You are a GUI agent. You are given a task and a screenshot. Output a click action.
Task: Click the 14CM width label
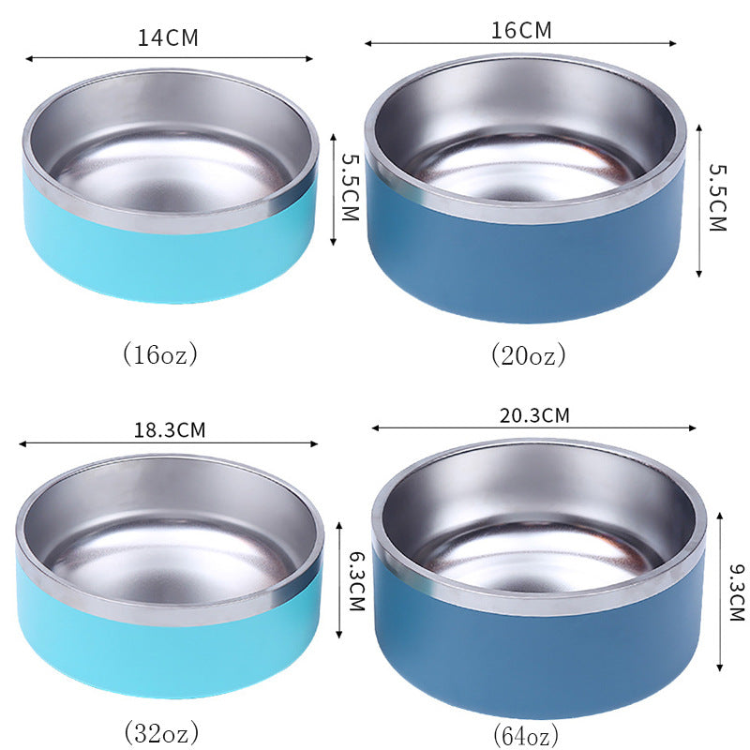(169, 38)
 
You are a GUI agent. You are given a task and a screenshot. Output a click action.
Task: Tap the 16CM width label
(521, 29)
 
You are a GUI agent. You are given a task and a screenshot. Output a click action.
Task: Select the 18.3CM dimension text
(170, 430)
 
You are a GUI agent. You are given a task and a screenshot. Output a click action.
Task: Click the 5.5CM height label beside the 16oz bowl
(349, 187)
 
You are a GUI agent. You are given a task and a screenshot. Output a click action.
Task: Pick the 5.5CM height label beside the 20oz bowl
(717, 198)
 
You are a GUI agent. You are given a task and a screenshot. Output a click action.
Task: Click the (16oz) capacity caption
(161, 354)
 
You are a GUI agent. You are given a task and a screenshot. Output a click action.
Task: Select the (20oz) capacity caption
(529, 355)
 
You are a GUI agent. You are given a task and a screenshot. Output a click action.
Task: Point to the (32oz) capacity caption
(161, 729)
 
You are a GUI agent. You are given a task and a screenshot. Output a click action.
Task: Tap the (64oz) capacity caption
(526, 733)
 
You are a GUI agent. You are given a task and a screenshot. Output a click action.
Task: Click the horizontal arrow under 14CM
(169, 58)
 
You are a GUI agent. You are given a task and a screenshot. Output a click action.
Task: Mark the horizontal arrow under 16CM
(521, 43)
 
